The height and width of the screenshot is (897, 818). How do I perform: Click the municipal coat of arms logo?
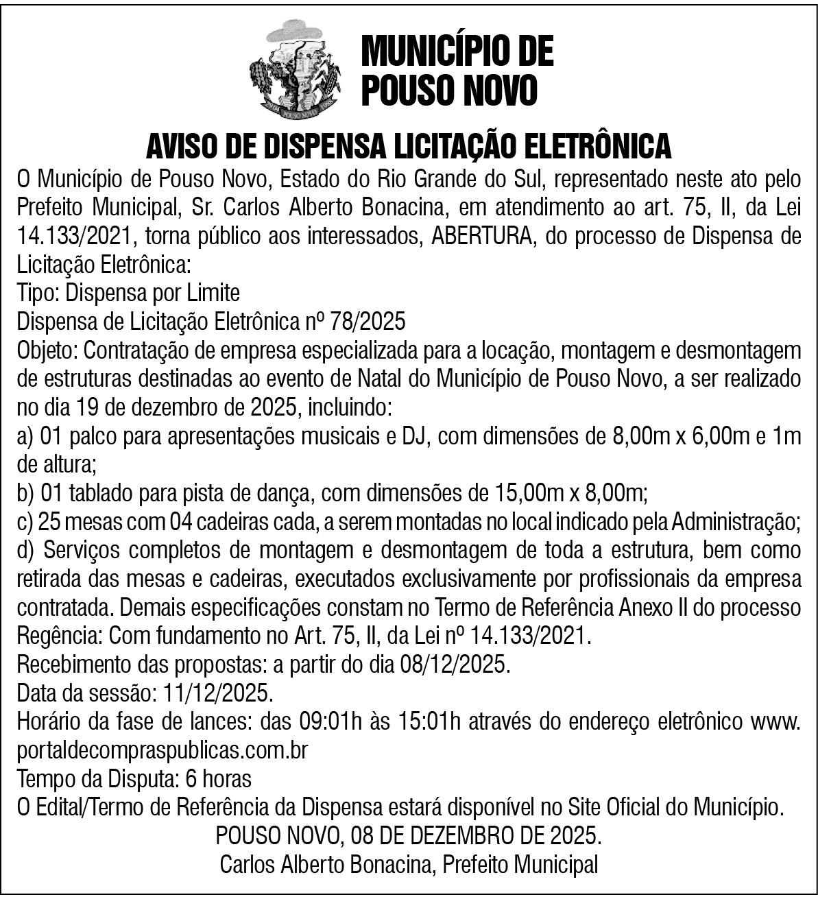tap(300, 67)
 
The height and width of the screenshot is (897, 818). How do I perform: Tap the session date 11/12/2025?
tap(218, 693)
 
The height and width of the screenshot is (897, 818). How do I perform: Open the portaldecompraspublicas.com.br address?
tap(163, 750)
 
